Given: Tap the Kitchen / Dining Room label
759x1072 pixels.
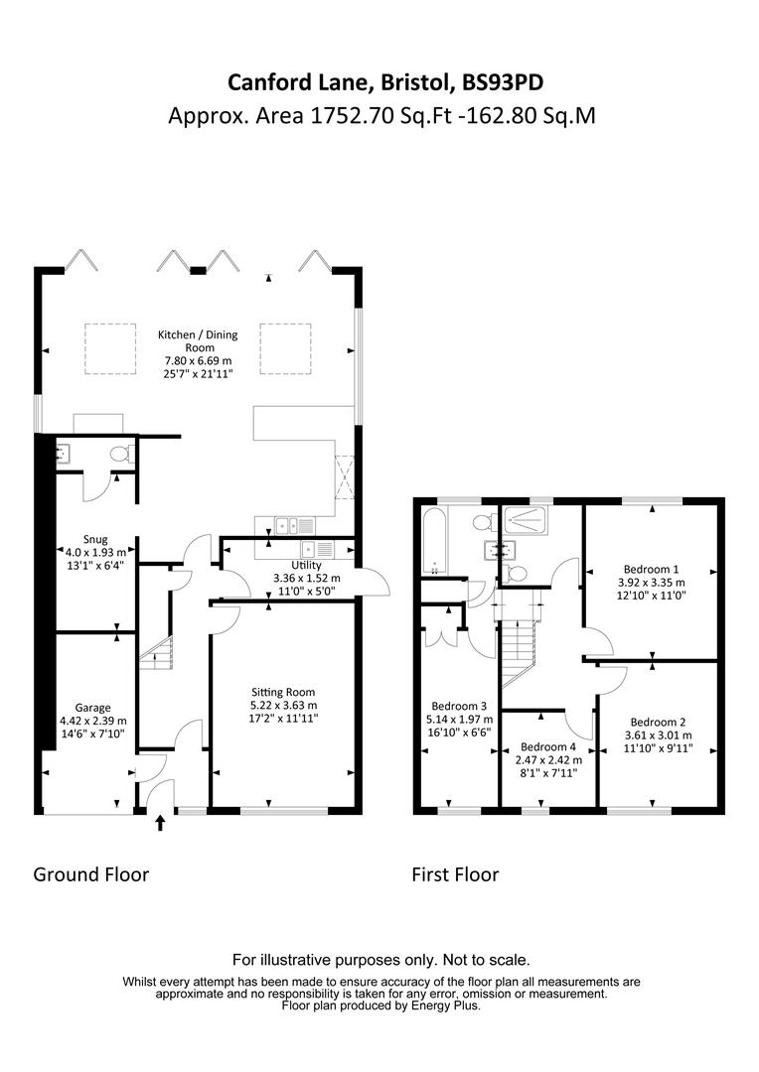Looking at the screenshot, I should coord(199,341).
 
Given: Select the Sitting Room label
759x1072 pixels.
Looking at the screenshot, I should coord(283,692).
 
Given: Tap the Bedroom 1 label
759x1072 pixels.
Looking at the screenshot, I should coord(651,570).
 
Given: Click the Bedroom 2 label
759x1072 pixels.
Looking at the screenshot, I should coord(656,722).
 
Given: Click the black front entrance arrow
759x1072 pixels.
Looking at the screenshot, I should coord(161,823).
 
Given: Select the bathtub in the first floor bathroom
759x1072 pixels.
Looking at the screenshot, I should coord(434,541).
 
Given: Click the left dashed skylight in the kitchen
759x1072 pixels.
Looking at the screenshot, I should coord(109,348).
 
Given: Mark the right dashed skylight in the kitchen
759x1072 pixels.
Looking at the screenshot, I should coord(286,348).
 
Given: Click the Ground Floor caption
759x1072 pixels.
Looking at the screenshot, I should coord(91,874).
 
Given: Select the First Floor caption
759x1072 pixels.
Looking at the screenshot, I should coord(455,874).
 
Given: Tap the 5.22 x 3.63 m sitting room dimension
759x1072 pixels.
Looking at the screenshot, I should coord(283,705).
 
